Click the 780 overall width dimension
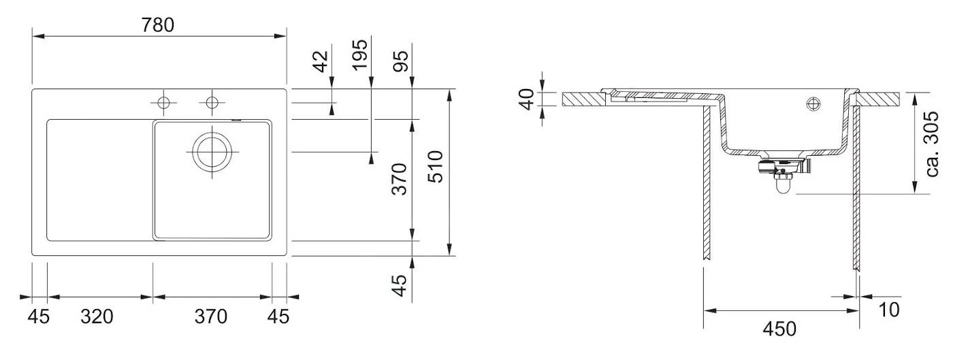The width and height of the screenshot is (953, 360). pos(158,24)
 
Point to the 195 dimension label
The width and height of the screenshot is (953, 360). pos(360,54)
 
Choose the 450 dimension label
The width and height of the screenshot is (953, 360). pos(779,329)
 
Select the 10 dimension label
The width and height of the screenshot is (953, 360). pos(888,310)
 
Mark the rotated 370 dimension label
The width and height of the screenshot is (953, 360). pos(400,178)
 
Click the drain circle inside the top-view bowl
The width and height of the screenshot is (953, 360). pos(212,151)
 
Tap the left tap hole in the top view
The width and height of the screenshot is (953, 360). pos(163,103)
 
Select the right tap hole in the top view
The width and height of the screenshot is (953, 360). pos(212,103)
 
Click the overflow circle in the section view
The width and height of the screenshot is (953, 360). pos(813,104)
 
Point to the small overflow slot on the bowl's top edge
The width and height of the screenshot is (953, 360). pos(236,120)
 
